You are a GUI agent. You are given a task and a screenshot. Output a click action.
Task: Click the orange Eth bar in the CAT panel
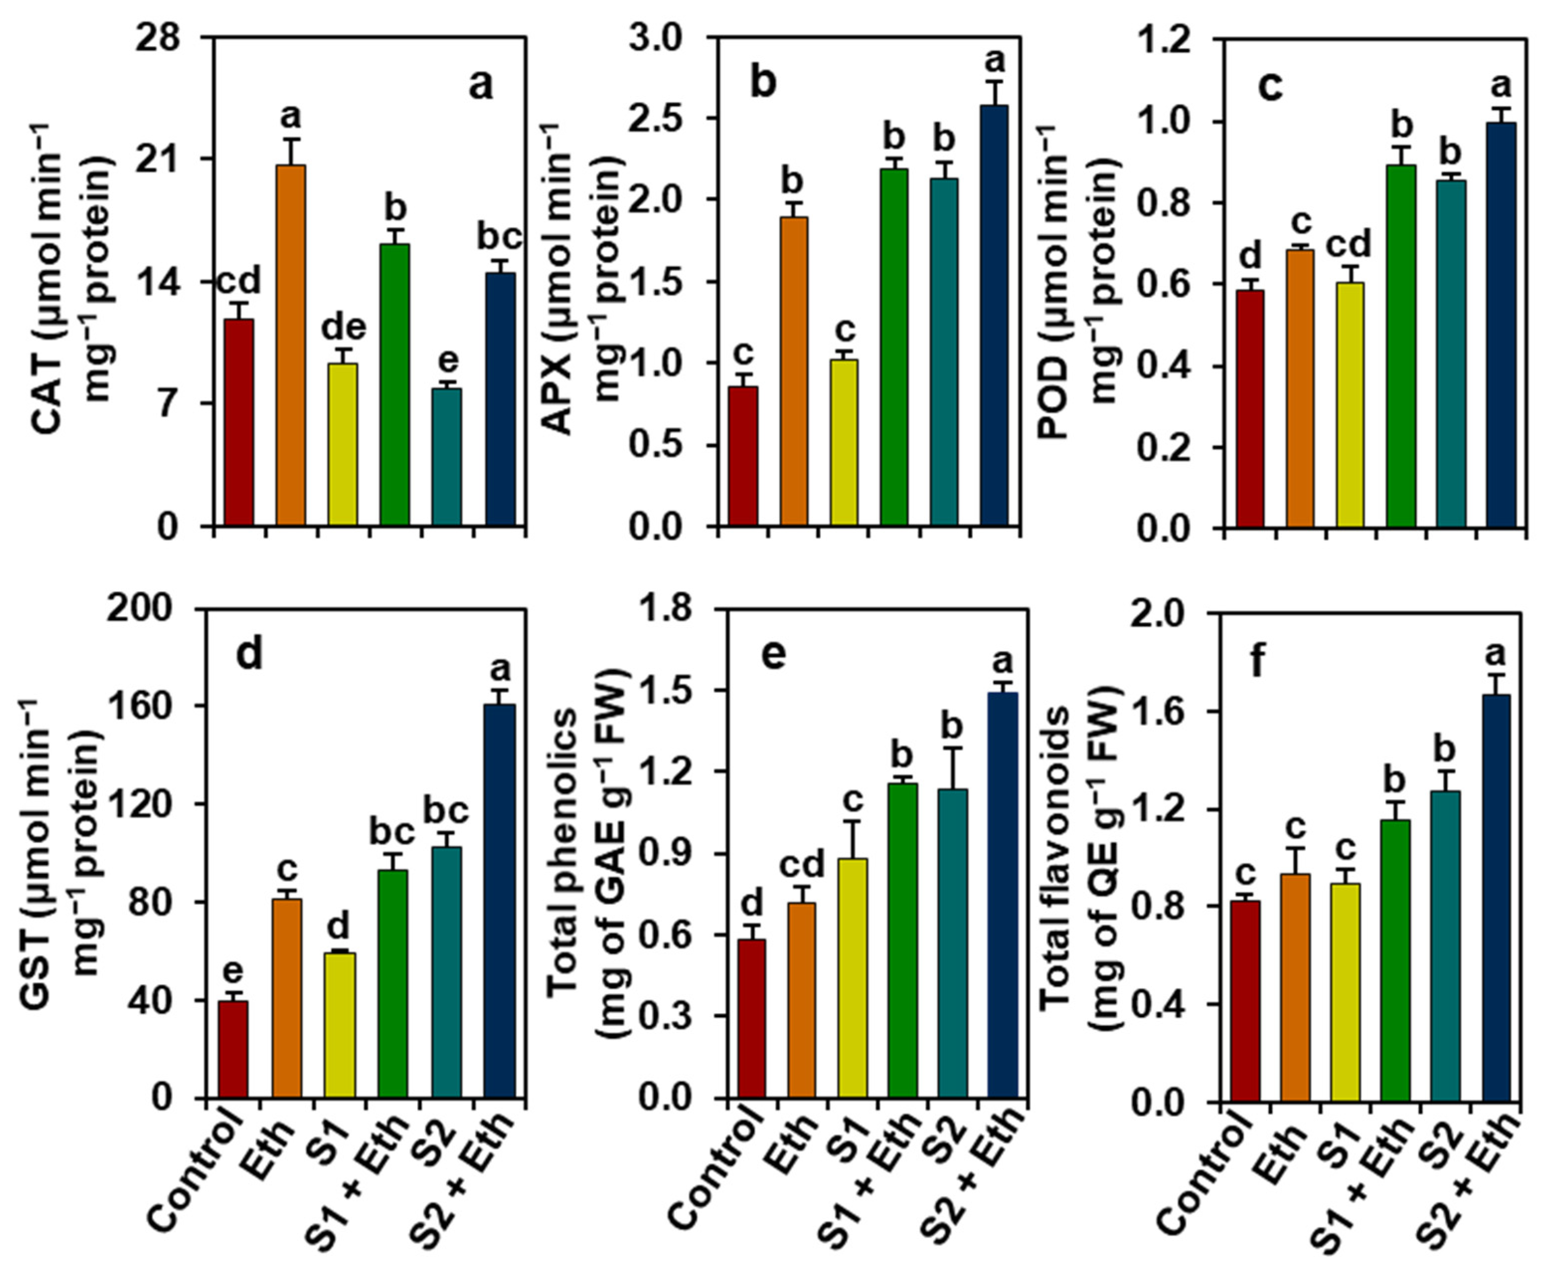[x=291, y=345]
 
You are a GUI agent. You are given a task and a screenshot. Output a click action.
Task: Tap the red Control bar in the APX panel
[x=744, y=456]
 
